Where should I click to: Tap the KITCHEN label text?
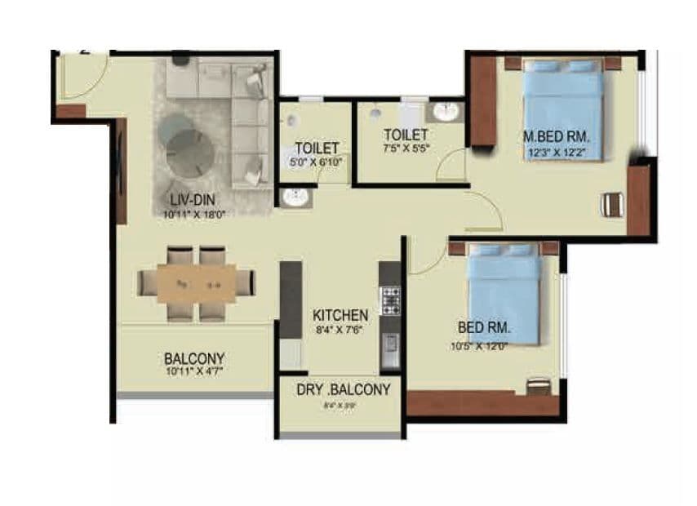click(340, 314)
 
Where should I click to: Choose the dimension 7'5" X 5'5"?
click(406, 149)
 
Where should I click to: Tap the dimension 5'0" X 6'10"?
click(317, 162)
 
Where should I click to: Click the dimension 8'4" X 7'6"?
click(340, 329)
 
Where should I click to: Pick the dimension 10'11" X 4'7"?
click(193, 372)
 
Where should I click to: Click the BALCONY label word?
click(193, 358)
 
